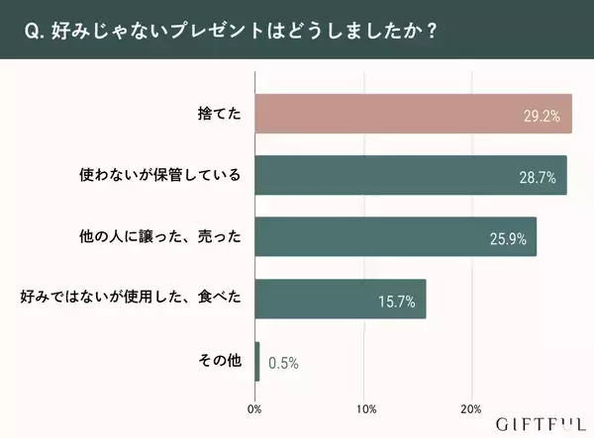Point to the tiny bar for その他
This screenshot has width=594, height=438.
(257, 362)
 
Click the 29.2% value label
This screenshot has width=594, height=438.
(542, 116)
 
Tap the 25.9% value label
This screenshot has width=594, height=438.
(507, 239)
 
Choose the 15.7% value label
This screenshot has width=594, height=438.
(396, 302)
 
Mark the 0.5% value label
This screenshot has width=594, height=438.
(283, 363)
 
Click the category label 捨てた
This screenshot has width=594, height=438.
(220, 115)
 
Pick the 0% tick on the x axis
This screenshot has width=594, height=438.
(254, 408)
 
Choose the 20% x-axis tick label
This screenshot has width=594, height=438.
(471, 408)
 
